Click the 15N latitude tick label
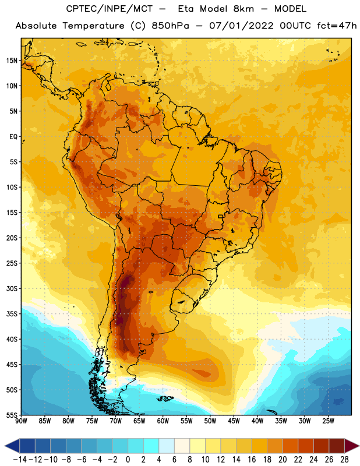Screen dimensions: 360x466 12,61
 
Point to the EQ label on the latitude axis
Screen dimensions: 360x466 13,137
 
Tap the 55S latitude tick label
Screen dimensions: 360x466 12,415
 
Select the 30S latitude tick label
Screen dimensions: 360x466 12,288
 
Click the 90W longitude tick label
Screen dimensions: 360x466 21,421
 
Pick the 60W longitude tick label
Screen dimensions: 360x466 163,421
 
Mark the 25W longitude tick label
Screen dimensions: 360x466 328,421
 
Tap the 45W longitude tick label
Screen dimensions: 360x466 234,421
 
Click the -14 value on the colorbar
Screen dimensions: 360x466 20,460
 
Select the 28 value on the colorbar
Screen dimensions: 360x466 344,460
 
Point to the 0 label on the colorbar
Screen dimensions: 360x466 128,460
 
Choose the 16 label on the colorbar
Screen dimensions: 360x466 252,460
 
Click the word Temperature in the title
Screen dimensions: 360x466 93,26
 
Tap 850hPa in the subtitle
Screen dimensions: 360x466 170,26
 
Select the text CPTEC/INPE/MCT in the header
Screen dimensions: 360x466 110,9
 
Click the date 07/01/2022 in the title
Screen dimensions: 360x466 241,26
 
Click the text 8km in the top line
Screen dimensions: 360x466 243,9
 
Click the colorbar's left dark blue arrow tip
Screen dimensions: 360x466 5,446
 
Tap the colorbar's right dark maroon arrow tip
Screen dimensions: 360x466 359,446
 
